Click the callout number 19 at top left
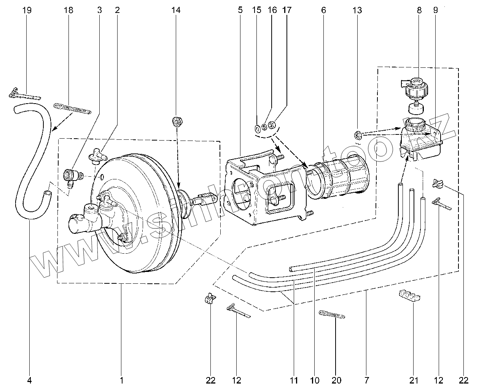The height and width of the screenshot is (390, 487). (x=27, y=10)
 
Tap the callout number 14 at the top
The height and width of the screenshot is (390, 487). (x=175, y=10)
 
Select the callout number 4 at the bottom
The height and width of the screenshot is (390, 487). (x=30, y=380)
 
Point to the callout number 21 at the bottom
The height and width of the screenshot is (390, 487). (x=414, y=380)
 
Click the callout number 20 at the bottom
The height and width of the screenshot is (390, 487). (x=337, y=380)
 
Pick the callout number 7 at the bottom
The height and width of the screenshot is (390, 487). (x=366, y=380)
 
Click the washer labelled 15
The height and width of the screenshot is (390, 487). (x=257, y=127)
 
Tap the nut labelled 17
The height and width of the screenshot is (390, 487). (x=272, y=125)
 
